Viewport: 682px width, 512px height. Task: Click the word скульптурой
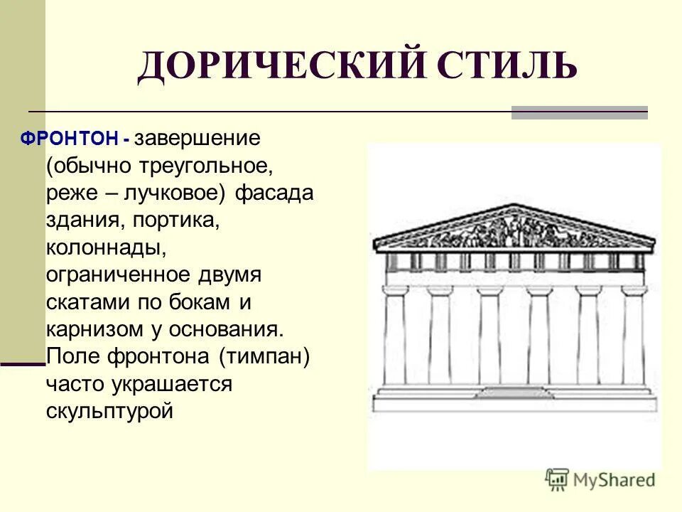point(110,411)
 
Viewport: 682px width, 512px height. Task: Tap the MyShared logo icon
point(557,479)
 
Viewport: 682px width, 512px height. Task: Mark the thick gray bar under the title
point(579,112)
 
